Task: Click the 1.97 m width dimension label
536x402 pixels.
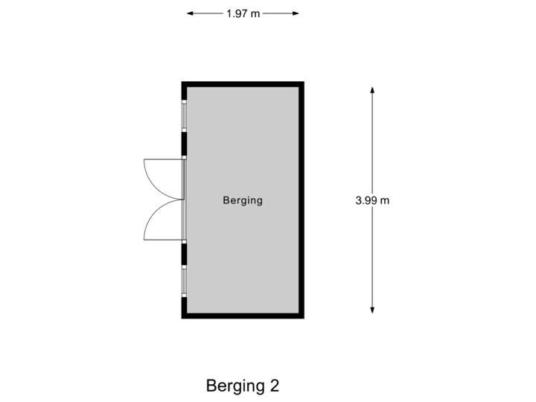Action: (243, 13)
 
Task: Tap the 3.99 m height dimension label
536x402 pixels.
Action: (372, 200)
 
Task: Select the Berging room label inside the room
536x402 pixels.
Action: (243, 200)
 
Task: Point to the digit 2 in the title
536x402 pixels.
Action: (275, 386)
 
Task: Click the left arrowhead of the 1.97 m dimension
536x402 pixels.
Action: (189, 13)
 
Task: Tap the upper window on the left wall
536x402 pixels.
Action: (184, 115)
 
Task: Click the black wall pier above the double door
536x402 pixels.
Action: (184, 143)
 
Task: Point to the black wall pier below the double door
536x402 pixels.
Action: (184, 254)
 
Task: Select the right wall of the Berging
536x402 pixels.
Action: (301, 200)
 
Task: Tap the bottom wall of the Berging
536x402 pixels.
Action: (243, 316)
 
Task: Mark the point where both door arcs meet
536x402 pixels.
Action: (182, 200)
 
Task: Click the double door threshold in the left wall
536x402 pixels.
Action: (184, 200)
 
